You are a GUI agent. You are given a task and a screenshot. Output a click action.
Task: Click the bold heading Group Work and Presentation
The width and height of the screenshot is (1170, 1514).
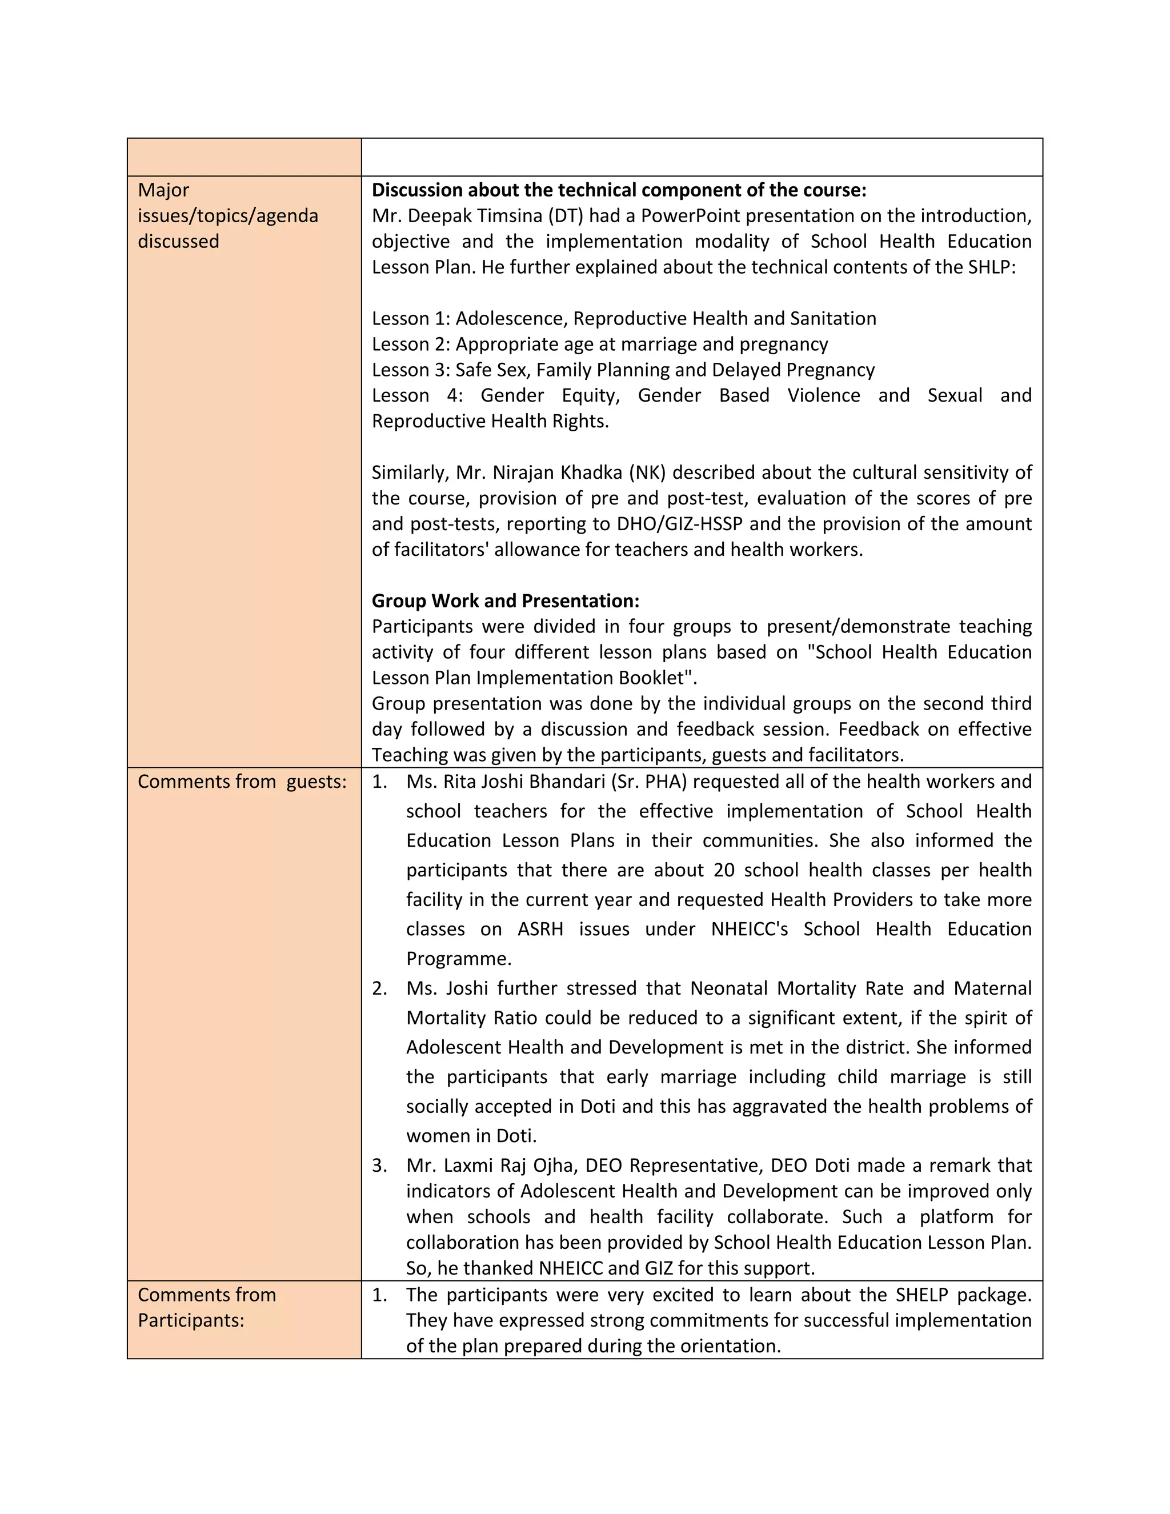505,600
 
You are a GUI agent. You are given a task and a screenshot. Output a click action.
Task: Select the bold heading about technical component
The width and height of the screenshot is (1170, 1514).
619,190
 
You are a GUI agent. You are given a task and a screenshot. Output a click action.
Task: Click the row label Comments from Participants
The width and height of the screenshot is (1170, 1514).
207,1307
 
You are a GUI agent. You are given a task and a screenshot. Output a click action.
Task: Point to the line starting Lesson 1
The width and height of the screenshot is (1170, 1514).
624,318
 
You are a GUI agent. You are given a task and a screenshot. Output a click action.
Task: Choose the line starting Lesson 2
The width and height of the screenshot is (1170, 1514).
599,344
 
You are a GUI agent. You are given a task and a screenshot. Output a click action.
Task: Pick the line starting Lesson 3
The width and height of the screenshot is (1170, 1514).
623,370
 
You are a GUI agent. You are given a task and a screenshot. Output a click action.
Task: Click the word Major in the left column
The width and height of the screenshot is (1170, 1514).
163,190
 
